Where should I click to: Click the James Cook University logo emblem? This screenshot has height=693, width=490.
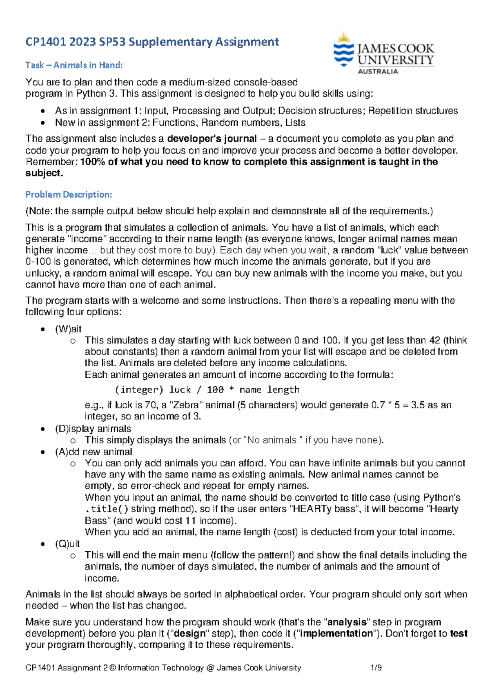(x=343, y=49)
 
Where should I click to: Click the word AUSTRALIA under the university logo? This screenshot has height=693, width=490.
(x=378, y=71)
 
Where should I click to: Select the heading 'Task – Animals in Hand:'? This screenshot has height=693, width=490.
(x=74, y=65)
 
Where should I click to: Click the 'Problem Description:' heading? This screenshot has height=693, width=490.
(x=69, y=194)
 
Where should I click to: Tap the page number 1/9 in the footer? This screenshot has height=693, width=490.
(x=376, y=668)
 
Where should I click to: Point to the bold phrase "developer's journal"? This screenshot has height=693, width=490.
(x=212, y=138)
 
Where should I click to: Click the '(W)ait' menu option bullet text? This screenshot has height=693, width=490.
(x=68, y=329)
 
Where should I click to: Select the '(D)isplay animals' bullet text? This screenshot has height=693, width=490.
(x=93, y=428)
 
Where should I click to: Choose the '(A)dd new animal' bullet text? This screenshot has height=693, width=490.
(x=94, y=452)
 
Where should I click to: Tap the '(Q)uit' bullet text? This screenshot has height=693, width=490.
(x=67, y=544)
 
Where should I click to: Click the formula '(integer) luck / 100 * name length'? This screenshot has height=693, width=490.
(x=207, y=390)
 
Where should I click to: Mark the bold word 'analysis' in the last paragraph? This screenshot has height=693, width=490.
(x=347, y=622)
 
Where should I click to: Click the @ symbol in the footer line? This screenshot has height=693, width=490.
(x=210, y=668)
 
